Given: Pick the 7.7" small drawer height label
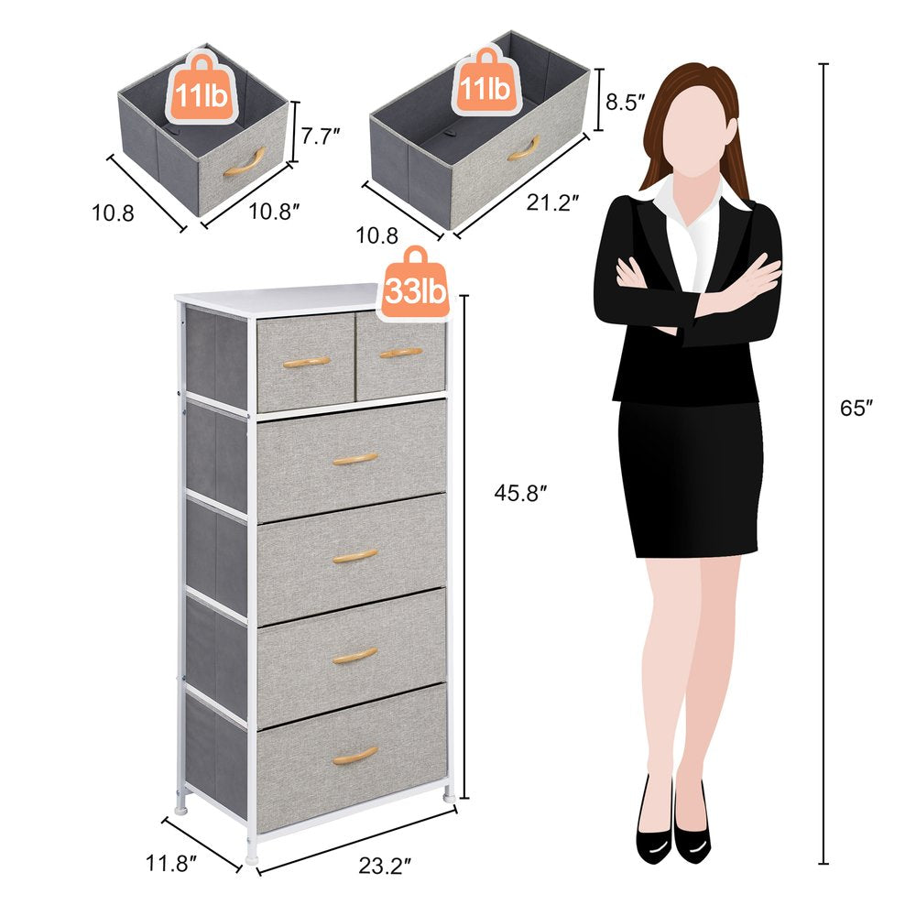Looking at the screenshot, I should [321, 136].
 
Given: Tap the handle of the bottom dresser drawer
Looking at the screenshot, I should [354, 756].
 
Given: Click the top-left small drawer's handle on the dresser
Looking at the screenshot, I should [306, 362].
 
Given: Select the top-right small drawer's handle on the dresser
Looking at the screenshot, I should [400, 352].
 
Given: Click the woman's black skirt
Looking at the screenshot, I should [689, 476].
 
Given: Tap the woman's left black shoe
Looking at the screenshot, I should [652, 829].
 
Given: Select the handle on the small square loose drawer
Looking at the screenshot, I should [244, 162].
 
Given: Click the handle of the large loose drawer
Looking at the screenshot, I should [523, 148].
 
